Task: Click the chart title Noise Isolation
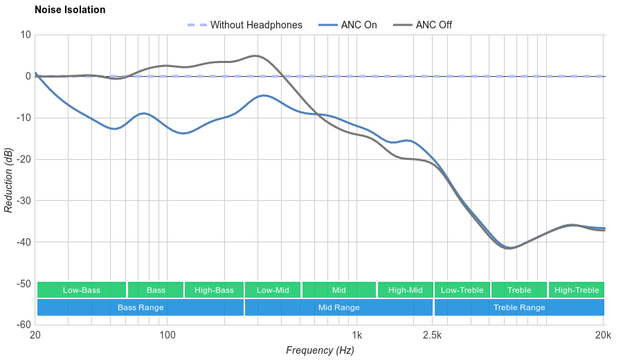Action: click(x=70, y=10)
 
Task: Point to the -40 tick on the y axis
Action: click(x=21, y=242)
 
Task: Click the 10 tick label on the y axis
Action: click(x=26, y=35)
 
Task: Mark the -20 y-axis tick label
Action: click(x=21, y=159)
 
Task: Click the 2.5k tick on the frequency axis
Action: click(x=432, y=335)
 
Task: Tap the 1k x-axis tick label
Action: click(x=357, y=335)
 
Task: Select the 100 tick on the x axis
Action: click(x=168, y=335)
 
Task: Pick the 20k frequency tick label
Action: click(x=603, y=335)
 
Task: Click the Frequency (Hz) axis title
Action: click(x=320, y=350)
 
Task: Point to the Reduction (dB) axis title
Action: click(x=8, y=180)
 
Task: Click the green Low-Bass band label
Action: click(x=82, y=290)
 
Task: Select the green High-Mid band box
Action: click(x=405, y=290)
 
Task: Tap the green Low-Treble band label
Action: click(x=462, y=290)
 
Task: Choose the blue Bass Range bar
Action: click(x=141, y=307)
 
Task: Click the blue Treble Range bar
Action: click(x=519, y=307)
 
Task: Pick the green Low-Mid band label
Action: click(x=272, y=290)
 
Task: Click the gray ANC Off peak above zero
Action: click(x=255, y=56)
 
